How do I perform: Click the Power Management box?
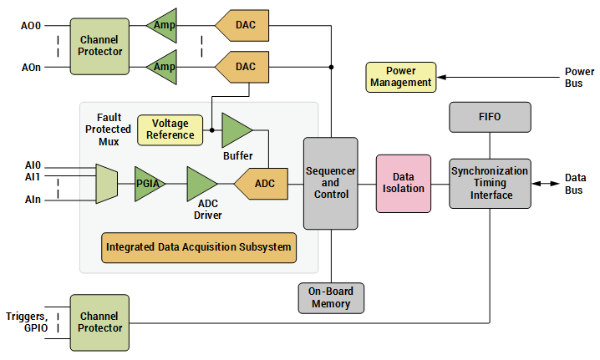click(x=401, y=77)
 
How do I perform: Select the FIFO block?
click(x=490, y=117)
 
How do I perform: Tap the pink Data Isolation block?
click(x=404, y=183)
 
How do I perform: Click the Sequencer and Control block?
click(x=330, y=183)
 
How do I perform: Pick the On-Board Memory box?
click(x=331, y=298)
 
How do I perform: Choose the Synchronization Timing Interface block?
click(x=490, y=183)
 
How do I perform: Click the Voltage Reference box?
click(x=170, y=129)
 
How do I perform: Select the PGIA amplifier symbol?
click(x=150, y=183)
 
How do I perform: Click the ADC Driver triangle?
click(x=201, y=183)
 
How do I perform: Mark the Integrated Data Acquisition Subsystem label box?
click(x=199, y=247)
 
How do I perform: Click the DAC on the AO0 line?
click(x=243, y=25)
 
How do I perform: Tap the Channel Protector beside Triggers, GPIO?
click(x=100, y=322)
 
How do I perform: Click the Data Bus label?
click(x=575, y=183)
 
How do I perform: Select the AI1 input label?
click(x=33, y=177)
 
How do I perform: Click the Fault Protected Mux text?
click(x=108, y=130)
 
